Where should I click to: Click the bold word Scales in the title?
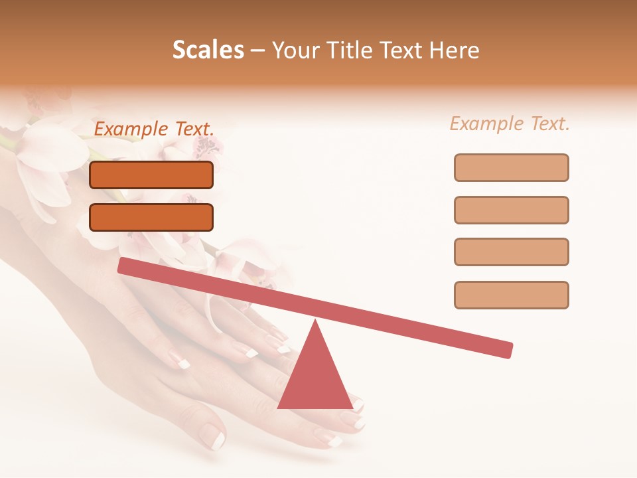point(208,50)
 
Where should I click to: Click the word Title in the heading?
point(357,50)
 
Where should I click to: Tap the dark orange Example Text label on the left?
point(154,129)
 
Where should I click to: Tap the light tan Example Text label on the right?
point(510,123)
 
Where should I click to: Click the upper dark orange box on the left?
point(151,175)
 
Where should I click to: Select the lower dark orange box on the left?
point(151,217)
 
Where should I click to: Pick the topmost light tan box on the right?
point(512,167)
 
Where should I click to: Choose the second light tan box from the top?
point(512,210)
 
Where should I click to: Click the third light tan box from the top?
point(512,252)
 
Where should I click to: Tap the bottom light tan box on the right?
point(512,295)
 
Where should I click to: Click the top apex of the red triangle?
point(315,322)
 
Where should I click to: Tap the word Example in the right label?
point(486,123)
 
